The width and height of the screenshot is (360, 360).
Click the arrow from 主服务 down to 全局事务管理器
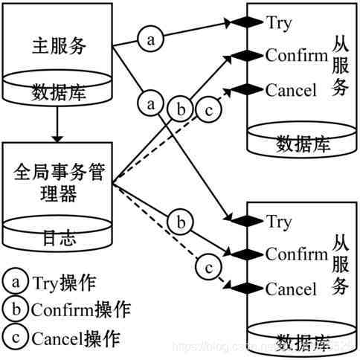(x=57, y=129)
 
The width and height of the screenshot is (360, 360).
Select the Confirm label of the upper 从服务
(x=296, y=56)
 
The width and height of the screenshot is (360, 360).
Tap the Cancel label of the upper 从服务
(x=291, y=90)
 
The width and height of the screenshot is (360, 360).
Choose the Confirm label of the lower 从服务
(x=296, y=254)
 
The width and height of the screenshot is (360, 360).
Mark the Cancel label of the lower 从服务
(x=291, y=288)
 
